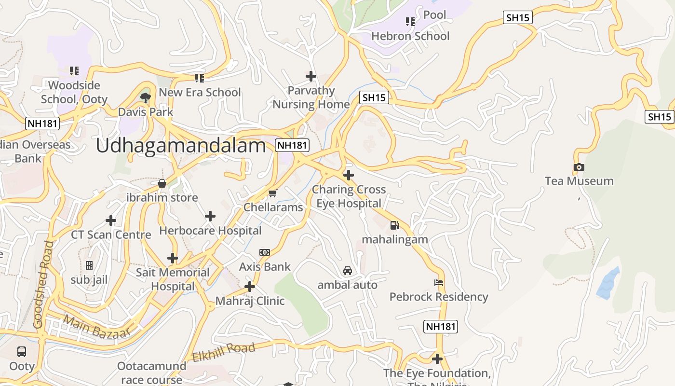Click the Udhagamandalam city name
(181, 145)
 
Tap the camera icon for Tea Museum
(579, 167)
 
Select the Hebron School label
(410, 36)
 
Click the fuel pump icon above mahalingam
(395, 225)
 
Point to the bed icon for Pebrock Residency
(439, 283)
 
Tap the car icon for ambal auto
(347, 271)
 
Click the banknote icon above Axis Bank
(265, 252)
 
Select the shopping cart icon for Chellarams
(273, 193)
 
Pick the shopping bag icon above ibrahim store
(162, 183)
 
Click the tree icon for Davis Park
(145, 98)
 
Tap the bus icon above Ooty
(22, 352)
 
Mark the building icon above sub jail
(89, 265)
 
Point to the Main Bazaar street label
(97, 327)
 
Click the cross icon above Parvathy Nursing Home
(311, 76)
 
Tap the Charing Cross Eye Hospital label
(349, 196)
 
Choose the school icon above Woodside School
(74, 71)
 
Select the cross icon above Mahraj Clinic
(249, 287)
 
